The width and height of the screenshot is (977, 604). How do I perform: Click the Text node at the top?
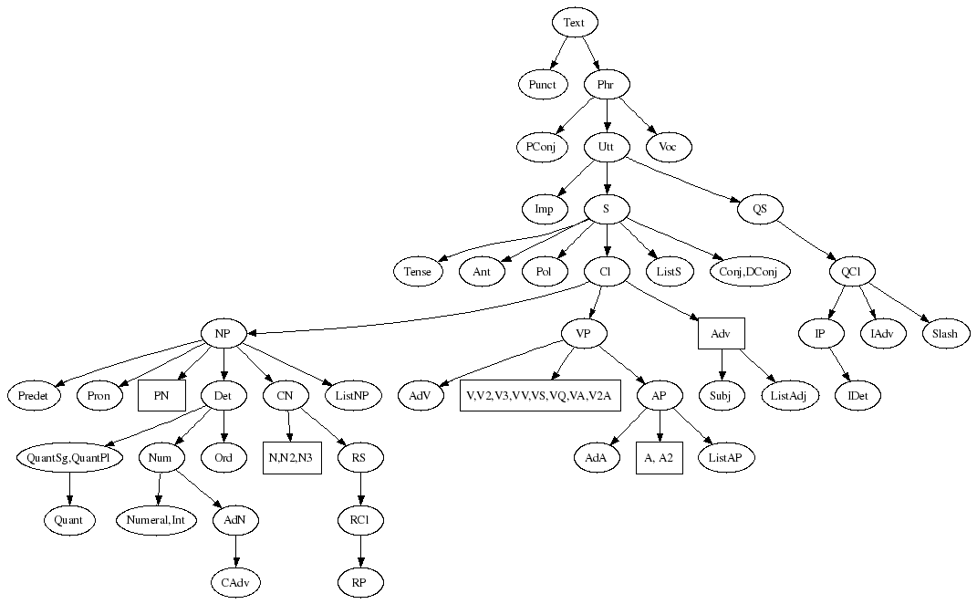(x=574, y=22)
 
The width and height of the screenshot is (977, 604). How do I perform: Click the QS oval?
(x=760, y=209)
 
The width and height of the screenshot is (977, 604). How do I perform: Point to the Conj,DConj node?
(x=749, y=271)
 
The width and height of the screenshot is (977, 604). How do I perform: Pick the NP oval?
(x=223, y=333)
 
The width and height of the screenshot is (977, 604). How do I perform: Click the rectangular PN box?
(x=161, y=396)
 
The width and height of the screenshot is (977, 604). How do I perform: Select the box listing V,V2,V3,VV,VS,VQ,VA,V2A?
(x=540, y=396)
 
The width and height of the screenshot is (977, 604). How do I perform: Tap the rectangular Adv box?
(x=721, y=334)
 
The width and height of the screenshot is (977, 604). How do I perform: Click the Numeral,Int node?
(x=157, y=520)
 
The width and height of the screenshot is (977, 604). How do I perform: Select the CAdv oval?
(x=235, y=581)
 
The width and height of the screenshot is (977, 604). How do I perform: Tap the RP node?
(x=359, y=581)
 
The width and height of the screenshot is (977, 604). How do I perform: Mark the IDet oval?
(x=858, y=396)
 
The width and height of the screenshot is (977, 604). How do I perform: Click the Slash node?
(x=944, y=334)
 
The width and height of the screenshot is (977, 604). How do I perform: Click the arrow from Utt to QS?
(x=684, y=179)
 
